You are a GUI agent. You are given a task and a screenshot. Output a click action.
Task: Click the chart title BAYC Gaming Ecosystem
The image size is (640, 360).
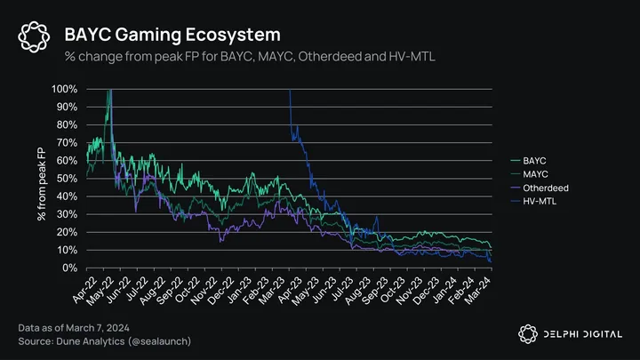tap(172, 35)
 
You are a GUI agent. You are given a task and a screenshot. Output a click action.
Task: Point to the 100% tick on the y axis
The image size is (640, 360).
tap(64, 90)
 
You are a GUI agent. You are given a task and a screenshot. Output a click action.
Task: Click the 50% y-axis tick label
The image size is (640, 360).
tap(67, 179)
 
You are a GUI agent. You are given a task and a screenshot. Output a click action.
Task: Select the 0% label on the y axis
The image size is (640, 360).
tap(69, 268)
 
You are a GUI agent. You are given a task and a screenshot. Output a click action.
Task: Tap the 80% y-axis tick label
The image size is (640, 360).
tap(67, 125)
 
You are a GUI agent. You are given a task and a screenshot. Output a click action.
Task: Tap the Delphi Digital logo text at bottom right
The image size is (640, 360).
tap(577, 332)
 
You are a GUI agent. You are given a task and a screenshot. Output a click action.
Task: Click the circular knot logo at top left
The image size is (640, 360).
tap(33, 36)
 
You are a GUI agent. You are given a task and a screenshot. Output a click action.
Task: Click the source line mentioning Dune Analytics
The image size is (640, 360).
tap(105, 342)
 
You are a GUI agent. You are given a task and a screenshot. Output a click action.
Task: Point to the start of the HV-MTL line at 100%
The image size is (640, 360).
tap(291, 91)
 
